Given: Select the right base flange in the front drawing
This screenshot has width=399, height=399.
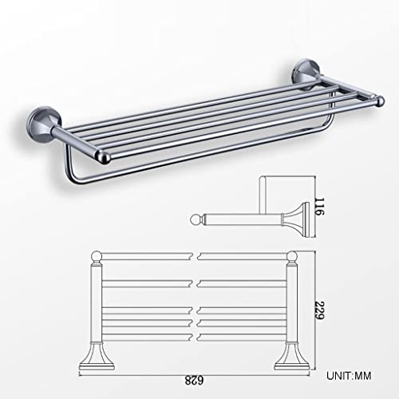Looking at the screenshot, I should click(290, 356).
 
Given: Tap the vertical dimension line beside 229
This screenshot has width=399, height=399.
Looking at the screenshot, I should click(307, 311).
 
